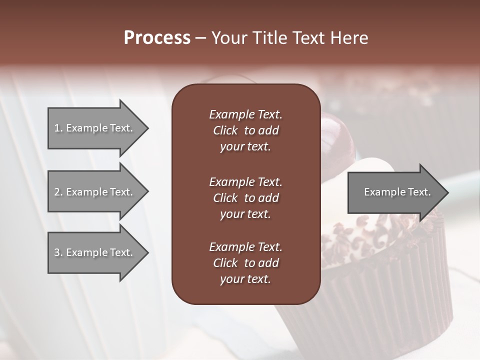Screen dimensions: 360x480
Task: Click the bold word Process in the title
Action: click(157, 38)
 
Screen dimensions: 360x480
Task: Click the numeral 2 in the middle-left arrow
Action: click(57, 192)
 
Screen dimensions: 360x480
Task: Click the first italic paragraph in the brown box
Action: click(245, 130)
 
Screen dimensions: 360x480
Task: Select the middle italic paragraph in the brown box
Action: click(245, 198)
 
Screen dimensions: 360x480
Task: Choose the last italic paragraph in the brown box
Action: click(245, 263)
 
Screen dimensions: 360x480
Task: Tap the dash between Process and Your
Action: click(200, 38)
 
